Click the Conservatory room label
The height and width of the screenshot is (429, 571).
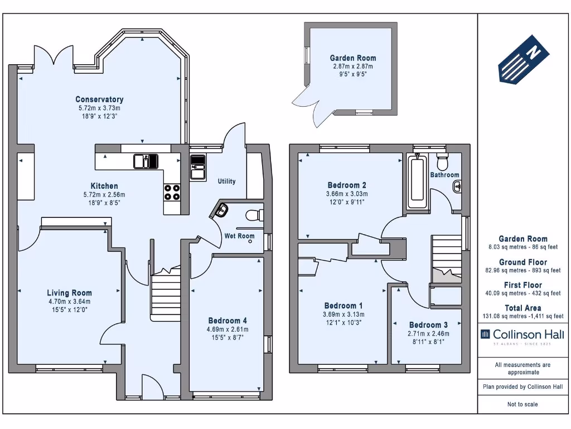pyautogui.click(x=100, y=99)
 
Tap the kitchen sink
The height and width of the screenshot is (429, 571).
pyautogui.click(x=146, y=161)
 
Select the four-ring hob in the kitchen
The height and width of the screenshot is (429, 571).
pyautogui.click(x=172, y=192)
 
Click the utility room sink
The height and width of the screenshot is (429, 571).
pyautogui.click(x=197, y=167)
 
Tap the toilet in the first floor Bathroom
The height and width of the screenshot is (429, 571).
pyautogui.click(x=443, y=162)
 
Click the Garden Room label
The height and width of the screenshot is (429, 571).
pyautogui.click(x=352, y=58)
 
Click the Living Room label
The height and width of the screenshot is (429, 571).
pyautogui.click(x=69, y=293)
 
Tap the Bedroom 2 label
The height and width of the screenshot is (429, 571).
pyautogui.click(x=347, y=185)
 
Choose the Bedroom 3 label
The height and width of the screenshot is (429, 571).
pyautogui.click(x=428, y=325)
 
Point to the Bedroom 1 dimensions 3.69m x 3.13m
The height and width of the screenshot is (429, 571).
pyautogui.click(x=343, y=314)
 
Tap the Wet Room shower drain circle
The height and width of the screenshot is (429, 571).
pyautogui.click(x=250, y=243)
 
